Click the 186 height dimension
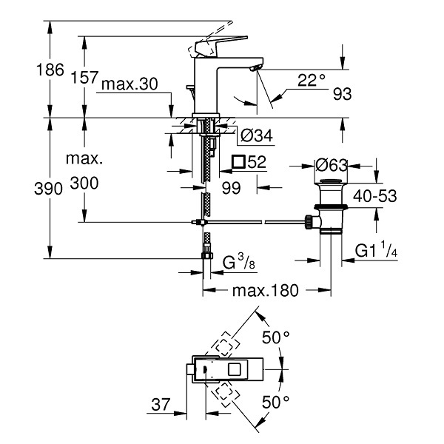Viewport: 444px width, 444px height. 50,70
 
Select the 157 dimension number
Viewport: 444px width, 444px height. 84,77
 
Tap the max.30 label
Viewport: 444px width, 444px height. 129,84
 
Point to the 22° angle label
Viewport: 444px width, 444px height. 312,80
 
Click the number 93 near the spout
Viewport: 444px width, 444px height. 342,94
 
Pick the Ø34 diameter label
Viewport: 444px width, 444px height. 257,135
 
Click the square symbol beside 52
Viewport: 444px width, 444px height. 238,161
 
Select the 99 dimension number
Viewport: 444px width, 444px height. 231,188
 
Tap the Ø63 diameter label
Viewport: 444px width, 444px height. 332,165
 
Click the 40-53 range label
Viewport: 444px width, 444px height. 375,195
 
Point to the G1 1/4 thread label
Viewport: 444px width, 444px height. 376,249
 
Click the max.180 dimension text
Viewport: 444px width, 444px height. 266,291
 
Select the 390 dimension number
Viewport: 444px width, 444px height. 48,189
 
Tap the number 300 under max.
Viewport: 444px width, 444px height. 84,183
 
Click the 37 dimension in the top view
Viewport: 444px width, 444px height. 161,404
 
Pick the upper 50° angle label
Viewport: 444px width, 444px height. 275,337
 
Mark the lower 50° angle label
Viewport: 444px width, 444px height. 275,402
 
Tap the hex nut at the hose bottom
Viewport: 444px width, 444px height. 207,256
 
